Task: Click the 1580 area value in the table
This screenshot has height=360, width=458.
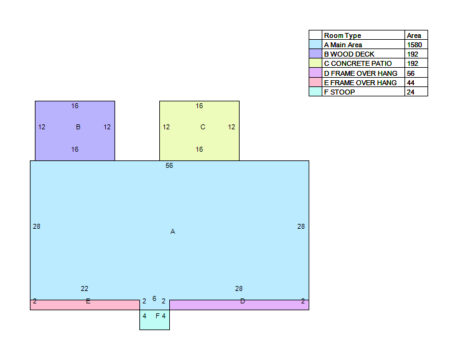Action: coord(414,45)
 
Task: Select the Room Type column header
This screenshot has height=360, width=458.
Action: coord(342,35)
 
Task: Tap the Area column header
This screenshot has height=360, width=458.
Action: coord(414,35)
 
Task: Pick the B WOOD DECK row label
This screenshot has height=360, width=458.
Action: coord(349,54)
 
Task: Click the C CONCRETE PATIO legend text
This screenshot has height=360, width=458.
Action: coord(358,63)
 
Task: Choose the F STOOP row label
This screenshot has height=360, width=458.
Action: coord(339,92)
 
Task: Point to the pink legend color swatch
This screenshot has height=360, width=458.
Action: coord(315,82)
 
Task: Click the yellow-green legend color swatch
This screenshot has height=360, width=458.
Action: coord(315,63)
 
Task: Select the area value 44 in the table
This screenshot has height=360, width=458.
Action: coord(411,83)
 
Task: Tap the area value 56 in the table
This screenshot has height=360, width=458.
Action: coord(411,73)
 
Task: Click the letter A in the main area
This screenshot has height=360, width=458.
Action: coord(172,232)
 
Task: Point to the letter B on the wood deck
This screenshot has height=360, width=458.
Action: coord(78,127)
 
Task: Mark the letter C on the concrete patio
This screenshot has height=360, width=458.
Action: coord(203,127)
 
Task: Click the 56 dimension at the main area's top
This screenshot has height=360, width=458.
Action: coord(169,166)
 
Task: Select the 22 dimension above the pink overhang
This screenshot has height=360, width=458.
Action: coord(85,289)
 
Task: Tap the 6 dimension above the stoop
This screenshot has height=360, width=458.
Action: coord(154,298)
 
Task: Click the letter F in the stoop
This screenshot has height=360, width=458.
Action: coord(157,316)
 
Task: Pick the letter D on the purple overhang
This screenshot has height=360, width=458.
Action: coord(243,301)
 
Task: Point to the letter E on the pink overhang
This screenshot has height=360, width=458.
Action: coord(88,301)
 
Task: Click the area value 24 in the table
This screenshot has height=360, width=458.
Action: coord(411,92)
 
